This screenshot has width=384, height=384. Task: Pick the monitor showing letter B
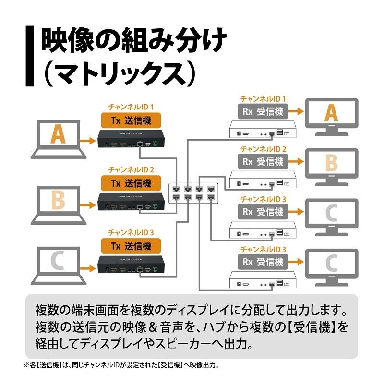click(332, 165)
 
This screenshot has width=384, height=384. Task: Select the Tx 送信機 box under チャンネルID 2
click(131, 183)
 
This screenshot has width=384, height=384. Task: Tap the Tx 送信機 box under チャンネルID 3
click(131, 246)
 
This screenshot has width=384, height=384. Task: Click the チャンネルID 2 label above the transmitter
click(131, 170)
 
